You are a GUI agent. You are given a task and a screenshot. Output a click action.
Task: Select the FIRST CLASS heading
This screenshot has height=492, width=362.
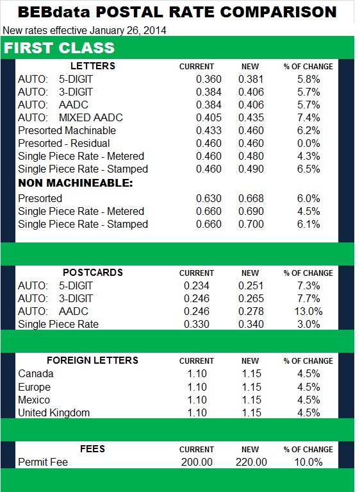[60, 48]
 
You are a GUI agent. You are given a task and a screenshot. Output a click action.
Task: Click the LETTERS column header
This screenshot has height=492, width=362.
[92, 66]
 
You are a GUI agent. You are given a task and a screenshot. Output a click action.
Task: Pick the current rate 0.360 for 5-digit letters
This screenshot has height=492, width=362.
[208, 79]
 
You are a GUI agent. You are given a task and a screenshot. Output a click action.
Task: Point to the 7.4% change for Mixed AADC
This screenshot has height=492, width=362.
[308, 117]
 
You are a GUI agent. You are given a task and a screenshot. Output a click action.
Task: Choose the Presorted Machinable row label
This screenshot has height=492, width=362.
[67, 130]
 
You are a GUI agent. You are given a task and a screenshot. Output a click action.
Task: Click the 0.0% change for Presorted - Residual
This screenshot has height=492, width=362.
[308, 143]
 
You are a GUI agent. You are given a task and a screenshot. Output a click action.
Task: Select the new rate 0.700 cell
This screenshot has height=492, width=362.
[251, 224]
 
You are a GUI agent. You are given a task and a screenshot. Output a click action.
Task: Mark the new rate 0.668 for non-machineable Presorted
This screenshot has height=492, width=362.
[251, 198]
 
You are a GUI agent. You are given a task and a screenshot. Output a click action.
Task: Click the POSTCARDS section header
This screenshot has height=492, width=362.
[92, 273]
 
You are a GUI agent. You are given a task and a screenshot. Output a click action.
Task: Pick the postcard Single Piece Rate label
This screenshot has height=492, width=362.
[58, 324]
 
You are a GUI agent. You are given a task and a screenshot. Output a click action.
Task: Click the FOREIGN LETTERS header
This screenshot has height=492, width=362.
[92, 361]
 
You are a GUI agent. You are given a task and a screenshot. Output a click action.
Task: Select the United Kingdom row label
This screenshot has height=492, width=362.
[54, 412]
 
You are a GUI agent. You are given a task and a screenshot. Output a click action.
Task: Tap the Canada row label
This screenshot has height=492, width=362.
[36, 373]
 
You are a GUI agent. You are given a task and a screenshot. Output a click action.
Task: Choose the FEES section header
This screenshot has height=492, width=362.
[93, 449]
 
